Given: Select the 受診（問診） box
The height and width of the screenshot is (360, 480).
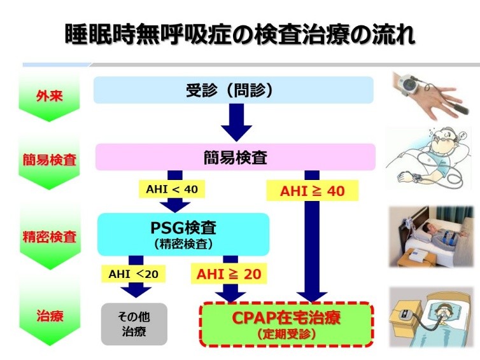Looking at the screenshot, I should tap(233, 90).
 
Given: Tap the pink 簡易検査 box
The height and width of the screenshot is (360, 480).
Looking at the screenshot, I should tap(235, 157).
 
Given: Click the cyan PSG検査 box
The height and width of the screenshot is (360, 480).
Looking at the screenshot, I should tap(183, 233).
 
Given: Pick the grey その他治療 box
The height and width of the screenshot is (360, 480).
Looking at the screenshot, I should tap(134, 324).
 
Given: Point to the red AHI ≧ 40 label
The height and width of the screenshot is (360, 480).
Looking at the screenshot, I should tap(312, 190).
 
